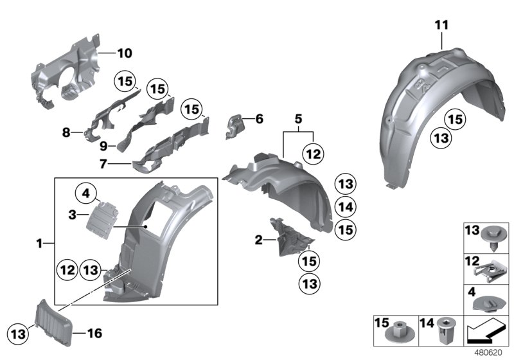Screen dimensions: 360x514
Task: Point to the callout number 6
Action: [259, 119]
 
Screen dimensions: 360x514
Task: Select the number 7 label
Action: [102, 164]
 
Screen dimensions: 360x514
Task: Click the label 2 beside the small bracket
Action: [258, 240]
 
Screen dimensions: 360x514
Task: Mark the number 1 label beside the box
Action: [40, 244]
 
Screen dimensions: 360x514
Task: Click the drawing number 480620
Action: [490, 352]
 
